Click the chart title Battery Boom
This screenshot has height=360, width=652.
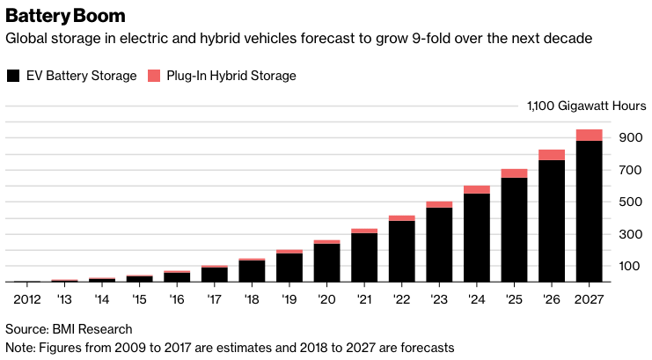point(65,16)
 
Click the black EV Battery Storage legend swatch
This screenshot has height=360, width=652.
point(12,76)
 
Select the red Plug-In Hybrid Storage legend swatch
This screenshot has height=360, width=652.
point(154,76)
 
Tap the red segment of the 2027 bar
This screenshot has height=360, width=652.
point(589,135)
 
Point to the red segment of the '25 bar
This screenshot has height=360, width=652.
point(514,173)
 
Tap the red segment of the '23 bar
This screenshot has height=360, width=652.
point(439,204)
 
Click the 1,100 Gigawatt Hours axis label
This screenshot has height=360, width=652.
point(586,106)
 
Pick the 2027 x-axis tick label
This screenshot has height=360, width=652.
point(589,299)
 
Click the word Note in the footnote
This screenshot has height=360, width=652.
point(19,347)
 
